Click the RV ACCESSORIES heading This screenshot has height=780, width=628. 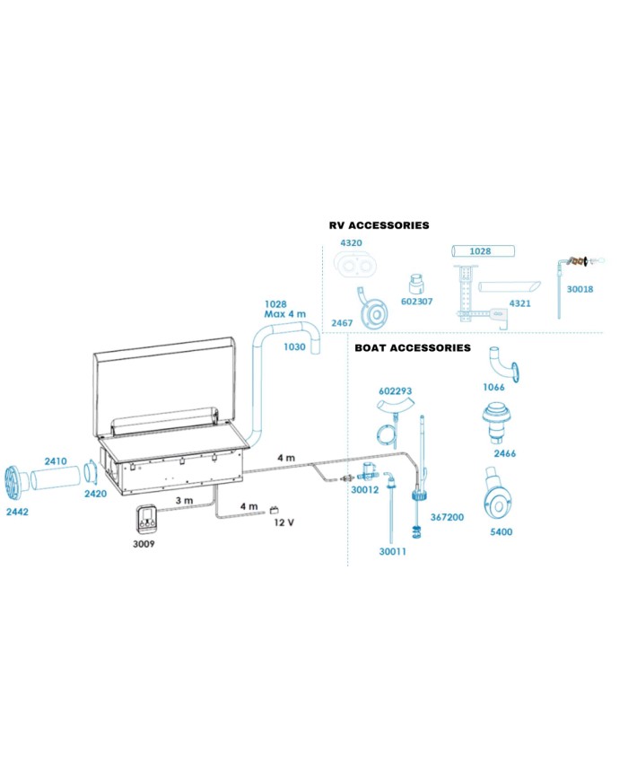(379, 225)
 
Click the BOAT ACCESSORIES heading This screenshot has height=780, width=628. (412, 347)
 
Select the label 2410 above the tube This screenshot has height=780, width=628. (56, 461)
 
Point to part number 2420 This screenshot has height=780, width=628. (96, 494)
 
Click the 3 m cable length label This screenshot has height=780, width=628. (183, 499)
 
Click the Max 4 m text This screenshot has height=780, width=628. (284, 315)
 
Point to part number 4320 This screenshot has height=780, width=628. (352, 243)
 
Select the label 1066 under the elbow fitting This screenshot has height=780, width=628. (494, 387)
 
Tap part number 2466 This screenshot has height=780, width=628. (505, 454)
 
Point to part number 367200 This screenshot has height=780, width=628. (447, 517)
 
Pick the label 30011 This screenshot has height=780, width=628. (393, 551)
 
